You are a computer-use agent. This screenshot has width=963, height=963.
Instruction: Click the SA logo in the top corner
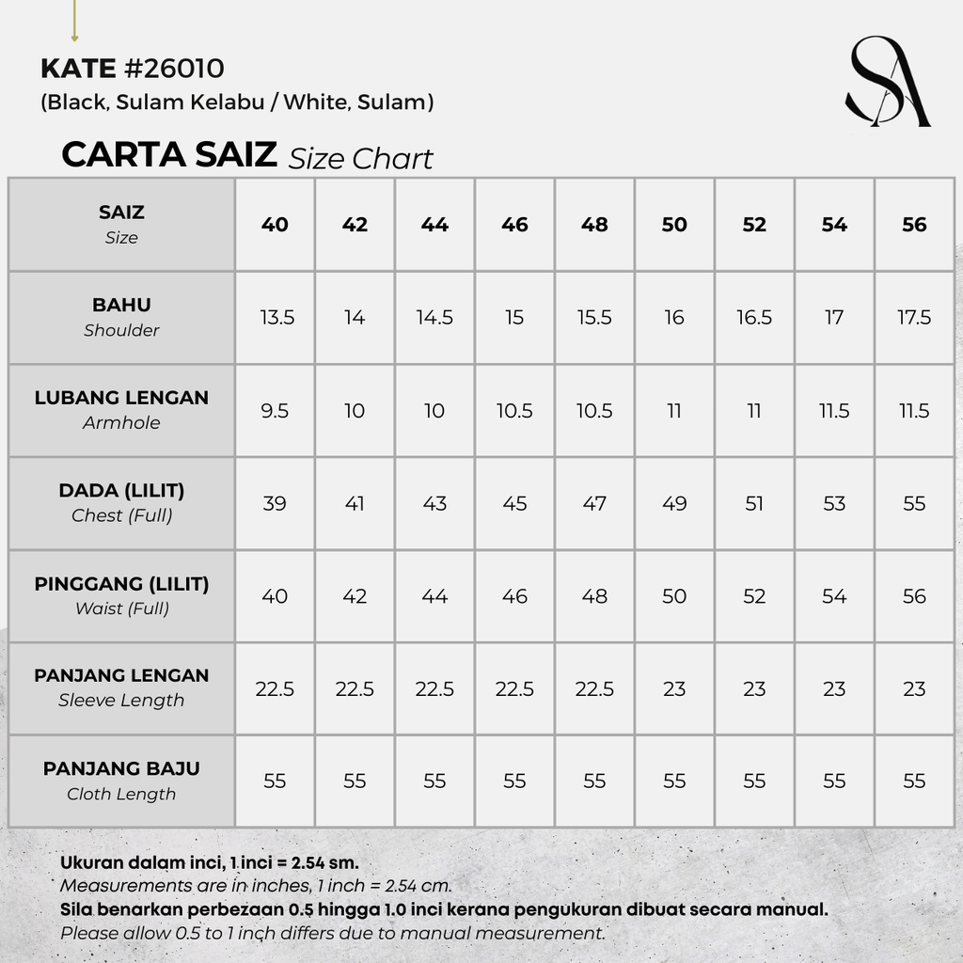pyautogui.click(x=887, y=82)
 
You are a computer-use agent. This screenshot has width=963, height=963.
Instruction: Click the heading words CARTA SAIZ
pyautogui.click(x=169, y=155)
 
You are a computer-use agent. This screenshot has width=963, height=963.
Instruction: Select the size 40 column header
pyautogui.click(x=275, y=225)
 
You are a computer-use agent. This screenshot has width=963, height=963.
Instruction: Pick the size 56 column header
pyautogui.click(x=914, y=225)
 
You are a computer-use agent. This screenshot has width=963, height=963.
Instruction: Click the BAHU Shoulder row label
pyautogui.click(x=121, y=317)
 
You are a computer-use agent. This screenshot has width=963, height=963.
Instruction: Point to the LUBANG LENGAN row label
pyautogui.click(x=121, y=409)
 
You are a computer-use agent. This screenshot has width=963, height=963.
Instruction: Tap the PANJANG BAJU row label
pyautogui.click(x=121, y=781)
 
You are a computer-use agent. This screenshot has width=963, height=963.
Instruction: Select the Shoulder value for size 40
pyautogui.click(x=275, y=318)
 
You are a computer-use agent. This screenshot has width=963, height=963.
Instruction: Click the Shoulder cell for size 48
pyautogui.click(x=594, y=318)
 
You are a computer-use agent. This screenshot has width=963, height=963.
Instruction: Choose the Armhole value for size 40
pyautogui.click(x=275, y=411)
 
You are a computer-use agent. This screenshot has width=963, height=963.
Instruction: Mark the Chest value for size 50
pyautogui.click(x=674, y=504)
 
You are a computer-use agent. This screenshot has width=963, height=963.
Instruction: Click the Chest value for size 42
pyautogui.click(x=355, y=504)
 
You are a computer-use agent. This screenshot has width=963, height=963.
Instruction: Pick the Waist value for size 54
pyautogui.click(x=834, y=596)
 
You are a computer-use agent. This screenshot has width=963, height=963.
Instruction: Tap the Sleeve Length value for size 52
pyautogui.click(x=754, y=689)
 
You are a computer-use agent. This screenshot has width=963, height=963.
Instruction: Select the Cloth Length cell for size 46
pyautogui.click(x=514, y=781)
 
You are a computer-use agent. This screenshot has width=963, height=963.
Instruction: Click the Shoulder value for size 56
pyautogui.click(x=914, y=318)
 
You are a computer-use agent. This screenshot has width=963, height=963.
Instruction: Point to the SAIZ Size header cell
pyautogui.click(x=121, y=224)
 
